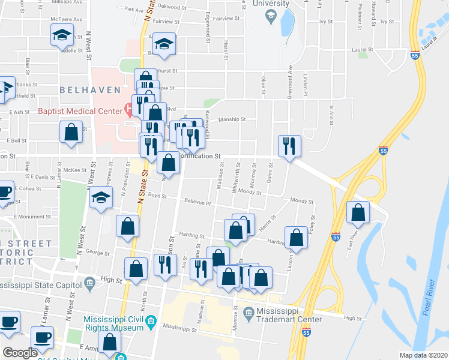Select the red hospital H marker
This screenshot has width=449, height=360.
pyautogui.click(x=128, y=109)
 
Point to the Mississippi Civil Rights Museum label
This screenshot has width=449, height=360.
pyautogui.click(x=114, y=323)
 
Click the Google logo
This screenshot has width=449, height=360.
pyautogui.click(x=20, y=353)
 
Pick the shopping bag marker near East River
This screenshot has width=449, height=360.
pyautogui.click(x=358, y=213)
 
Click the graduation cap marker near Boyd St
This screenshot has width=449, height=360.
pyautogui.click(x=101, y=197)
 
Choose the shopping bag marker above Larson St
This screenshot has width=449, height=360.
pyautogui.click(x=296, y=238)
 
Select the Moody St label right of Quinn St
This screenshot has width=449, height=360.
pyautogui.click(x=298, y=200)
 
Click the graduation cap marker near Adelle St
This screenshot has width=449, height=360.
pyautogui.click(x=62, y=35)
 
